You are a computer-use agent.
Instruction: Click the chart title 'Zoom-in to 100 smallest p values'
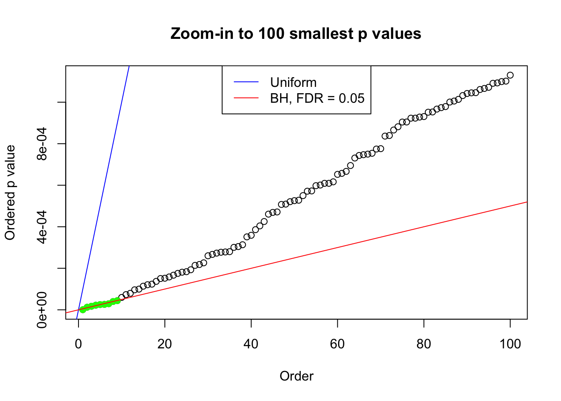click(296, 33)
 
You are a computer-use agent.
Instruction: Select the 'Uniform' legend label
click(293, 82)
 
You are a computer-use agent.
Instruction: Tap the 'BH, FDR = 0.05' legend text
click(317, 98)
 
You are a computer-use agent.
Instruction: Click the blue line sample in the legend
click(246, 82)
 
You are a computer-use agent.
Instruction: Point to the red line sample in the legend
click(246, 98)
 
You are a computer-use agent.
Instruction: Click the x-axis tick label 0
click(78, 344)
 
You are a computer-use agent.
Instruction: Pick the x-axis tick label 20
click(165, 344)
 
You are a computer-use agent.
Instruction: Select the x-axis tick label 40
click(251, 344)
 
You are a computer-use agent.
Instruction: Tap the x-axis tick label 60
click(337, 344)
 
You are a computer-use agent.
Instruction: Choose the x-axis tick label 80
click(424, 344)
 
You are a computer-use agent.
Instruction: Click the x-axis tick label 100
click(510, 344)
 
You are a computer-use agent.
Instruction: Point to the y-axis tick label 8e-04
click(42, 144)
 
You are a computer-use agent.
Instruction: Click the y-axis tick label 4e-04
click(42, 226)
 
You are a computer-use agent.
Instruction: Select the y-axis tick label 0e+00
click(42, 310)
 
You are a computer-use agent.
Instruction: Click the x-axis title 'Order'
click(296, 376)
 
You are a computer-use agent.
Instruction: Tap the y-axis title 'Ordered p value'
click(10, 193)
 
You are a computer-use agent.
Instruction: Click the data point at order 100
click(510, 75)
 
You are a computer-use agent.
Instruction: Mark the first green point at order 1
click(83, 310)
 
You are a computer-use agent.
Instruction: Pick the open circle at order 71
click(385, 136)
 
